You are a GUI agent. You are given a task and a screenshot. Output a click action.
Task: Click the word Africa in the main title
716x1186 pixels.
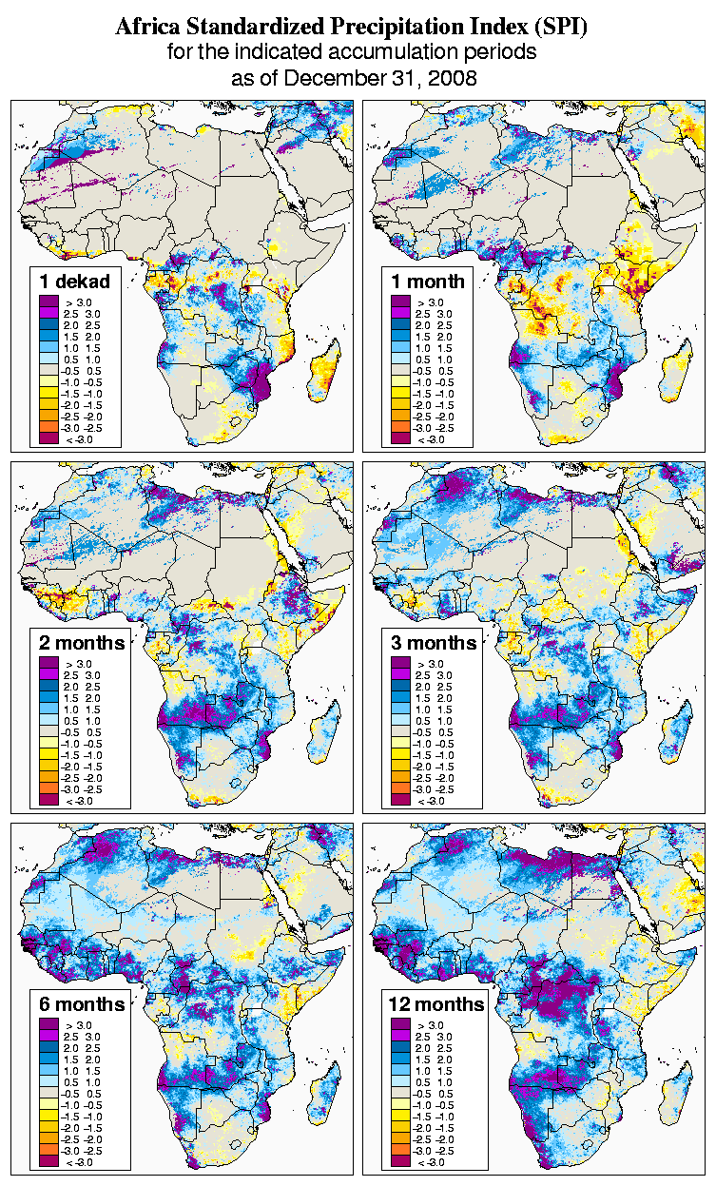click(x=151, y=28)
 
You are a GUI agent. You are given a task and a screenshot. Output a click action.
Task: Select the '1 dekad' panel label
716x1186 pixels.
click(x=75, y=281)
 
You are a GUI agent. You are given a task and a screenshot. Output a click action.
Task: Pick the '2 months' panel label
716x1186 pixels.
click(x=82, y=643)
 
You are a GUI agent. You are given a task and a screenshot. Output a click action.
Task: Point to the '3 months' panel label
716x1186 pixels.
click(x=434, y=643)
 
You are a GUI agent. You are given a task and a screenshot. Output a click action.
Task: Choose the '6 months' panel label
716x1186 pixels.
click(x=82, y=1004)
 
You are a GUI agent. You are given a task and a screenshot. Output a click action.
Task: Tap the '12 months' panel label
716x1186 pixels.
click(x=436, y=1004)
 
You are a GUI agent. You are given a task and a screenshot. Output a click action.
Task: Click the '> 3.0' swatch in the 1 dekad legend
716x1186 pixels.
click(x=48, y=301)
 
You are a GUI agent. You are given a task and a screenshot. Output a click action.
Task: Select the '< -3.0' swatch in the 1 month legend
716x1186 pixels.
click(x=400, y=438)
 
